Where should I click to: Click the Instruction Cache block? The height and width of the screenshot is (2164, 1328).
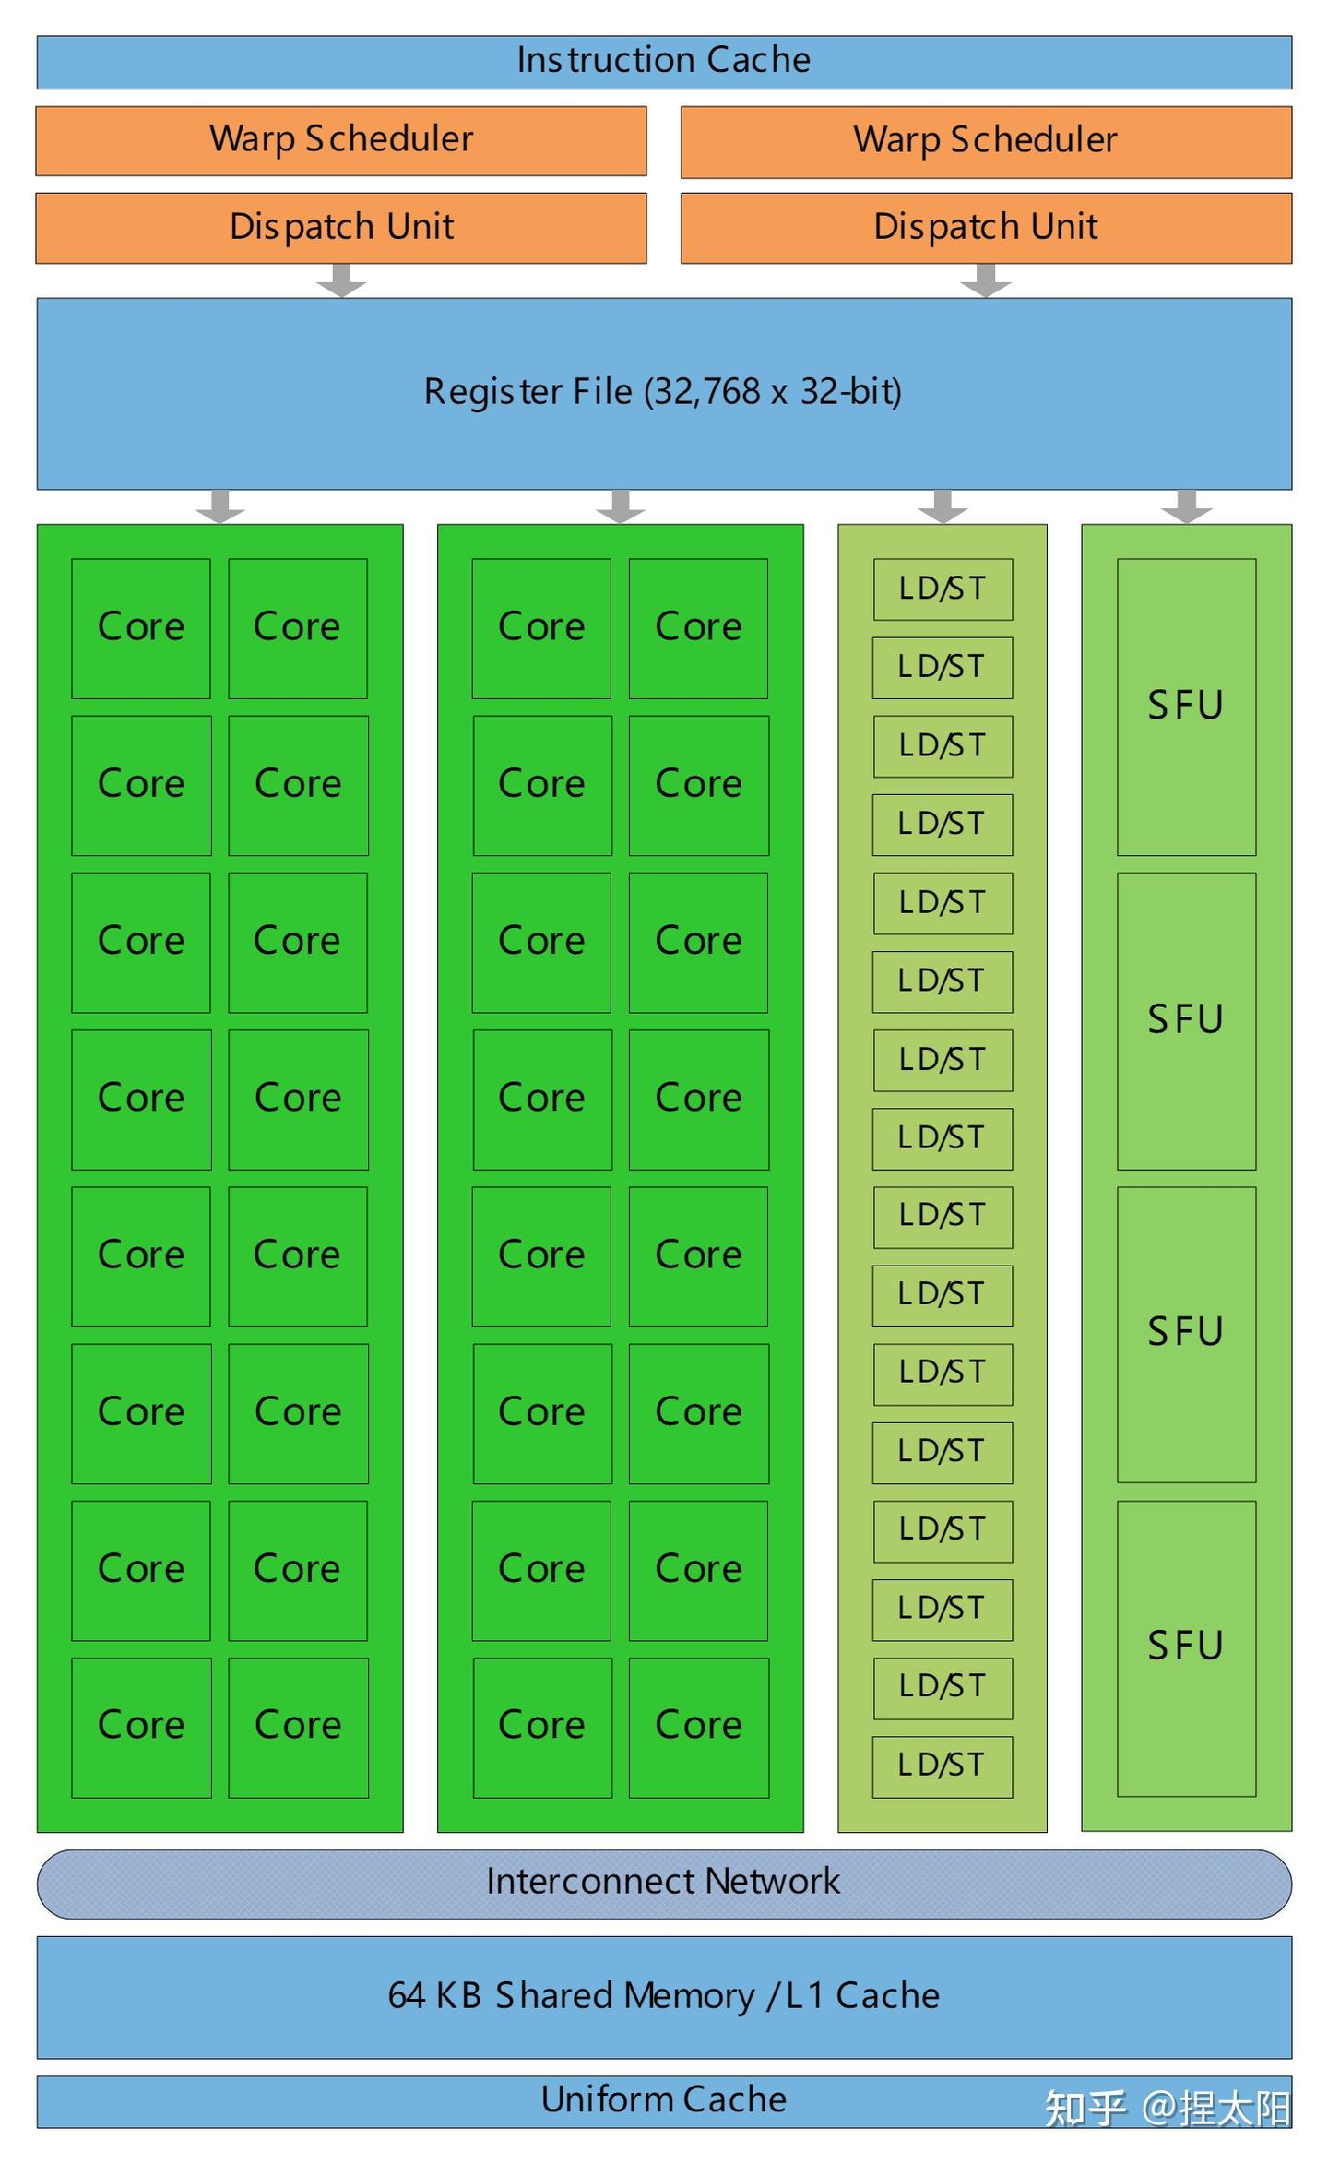point(664,62)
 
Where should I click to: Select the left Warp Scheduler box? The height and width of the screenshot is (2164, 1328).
point(341,140)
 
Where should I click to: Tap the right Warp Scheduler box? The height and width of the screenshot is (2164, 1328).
point(986,141)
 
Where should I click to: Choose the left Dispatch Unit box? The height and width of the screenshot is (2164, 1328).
point(341,227)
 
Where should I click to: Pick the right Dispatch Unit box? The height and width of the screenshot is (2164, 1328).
point(986,227)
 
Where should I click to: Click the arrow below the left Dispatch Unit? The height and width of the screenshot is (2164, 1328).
point(341,280)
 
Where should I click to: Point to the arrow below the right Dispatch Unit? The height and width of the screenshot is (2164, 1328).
point(986,280)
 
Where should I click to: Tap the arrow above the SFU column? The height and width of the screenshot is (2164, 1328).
point(1186,506)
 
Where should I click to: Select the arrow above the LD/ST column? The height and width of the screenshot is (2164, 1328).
point(943,506)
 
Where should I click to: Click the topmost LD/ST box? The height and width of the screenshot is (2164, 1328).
point(943,589)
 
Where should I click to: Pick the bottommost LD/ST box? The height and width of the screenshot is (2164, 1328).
point(943,1766)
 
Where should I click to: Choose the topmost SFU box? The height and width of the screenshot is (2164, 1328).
point(1186,707)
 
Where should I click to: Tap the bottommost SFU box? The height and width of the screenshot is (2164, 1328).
point(1186,1647)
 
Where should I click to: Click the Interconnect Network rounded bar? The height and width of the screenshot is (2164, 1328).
point(664,1883)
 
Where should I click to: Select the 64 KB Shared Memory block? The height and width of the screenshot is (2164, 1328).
point(664,1996)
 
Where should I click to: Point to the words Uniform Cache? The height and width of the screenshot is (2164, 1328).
point(664,2099)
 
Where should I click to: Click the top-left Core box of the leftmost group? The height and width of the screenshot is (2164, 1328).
point(141,627)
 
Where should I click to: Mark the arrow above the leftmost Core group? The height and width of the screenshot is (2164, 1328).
point(220,506)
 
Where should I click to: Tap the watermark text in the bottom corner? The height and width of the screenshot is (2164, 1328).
point(1167,2109)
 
